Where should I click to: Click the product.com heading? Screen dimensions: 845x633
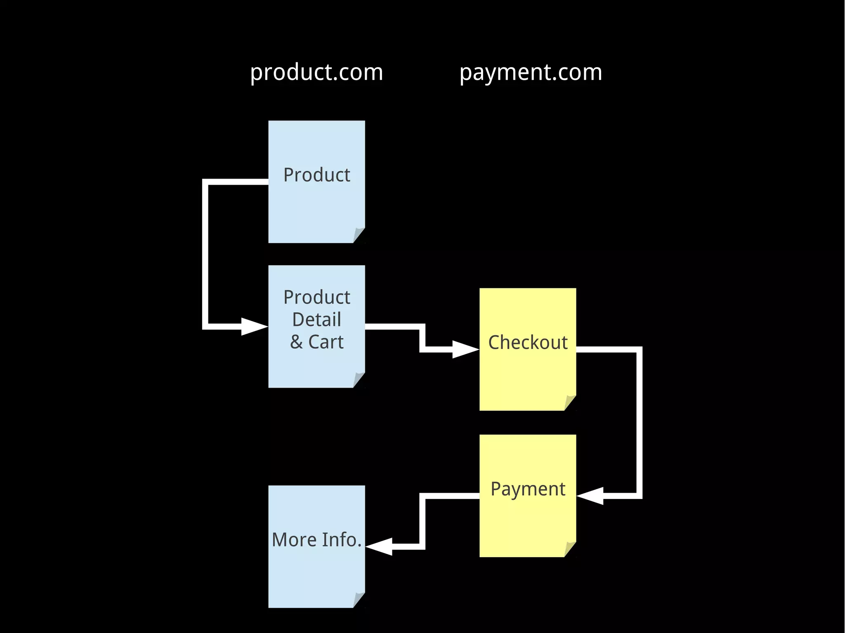316,73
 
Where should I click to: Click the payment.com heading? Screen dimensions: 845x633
531,73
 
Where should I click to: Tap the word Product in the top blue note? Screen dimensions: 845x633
316,175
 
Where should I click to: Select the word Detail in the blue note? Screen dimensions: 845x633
316,320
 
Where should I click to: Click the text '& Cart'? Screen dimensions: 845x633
316,342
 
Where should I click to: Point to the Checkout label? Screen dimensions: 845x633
528,342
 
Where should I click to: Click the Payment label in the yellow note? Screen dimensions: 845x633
528,489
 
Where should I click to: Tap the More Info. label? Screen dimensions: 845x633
316,540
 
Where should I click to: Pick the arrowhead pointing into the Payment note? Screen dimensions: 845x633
591,496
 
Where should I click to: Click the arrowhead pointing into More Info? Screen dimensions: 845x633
380,546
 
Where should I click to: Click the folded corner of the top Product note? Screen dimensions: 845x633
359,235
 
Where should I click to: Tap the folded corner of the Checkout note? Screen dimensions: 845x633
570,403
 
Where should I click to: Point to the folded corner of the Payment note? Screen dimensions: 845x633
570,549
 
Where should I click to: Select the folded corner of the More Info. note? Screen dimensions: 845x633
359,600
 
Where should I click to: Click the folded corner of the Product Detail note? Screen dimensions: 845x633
359,380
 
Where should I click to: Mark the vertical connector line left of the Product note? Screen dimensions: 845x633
205,254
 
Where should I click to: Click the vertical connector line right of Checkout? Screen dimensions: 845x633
639,423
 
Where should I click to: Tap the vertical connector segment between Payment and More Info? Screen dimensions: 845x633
422,521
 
